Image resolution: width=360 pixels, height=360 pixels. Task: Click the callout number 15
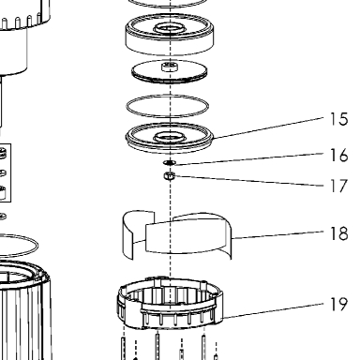click(338, 119)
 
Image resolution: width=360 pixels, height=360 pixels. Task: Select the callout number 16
click(338, 156)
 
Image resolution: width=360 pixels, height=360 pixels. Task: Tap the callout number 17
click(338, 186)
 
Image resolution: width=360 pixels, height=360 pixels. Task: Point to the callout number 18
click(338, 233)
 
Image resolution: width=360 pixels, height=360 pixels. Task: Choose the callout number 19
click(338, 304)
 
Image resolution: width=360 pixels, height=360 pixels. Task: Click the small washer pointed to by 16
click(170, 162)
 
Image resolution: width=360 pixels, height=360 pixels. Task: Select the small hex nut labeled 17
click(169, 176)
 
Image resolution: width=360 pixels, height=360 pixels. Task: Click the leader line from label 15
click(269, 127)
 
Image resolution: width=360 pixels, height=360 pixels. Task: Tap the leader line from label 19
click(274, 310)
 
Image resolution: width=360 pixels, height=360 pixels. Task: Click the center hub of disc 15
click(170, 137)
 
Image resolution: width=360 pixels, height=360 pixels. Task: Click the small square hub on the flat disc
click(170, 67)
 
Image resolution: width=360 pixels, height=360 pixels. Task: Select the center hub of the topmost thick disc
click(170, 29)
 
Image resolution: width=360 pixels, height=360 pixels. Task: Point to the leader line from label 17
click(249, 181)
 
